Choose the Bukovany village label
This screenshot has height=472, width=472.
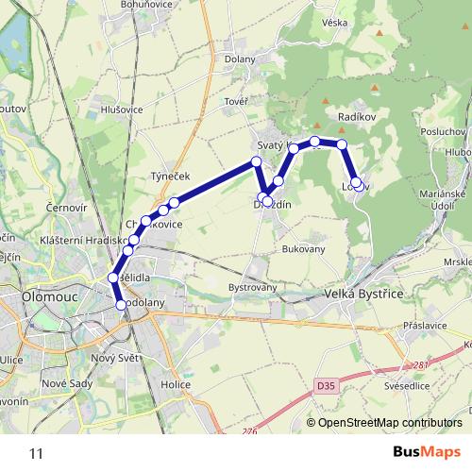(x=302, y=249)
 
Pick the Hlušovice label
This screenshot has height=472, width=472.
(x=120, y=110)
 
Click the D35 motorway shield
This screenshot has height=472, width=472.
(x=327, y=385)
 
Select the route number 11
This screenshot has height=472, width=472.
(x=36, y=453)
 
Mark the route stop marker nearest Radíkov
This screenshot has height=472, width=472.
(x=343, y=144)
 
